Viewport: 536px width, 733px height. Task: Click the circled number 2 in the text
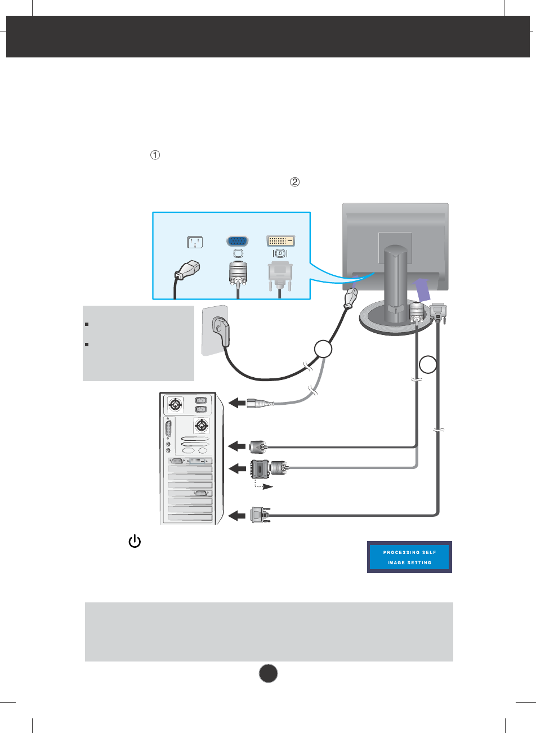294,182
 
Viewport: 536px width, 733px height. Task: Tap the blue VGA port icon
238,242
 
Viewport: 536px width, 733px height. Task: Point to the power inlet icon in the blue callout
195,243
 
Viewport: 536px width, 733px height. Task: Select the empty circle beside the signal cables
429,364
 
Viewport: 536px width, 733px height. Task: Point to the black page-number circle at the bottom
269,673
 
